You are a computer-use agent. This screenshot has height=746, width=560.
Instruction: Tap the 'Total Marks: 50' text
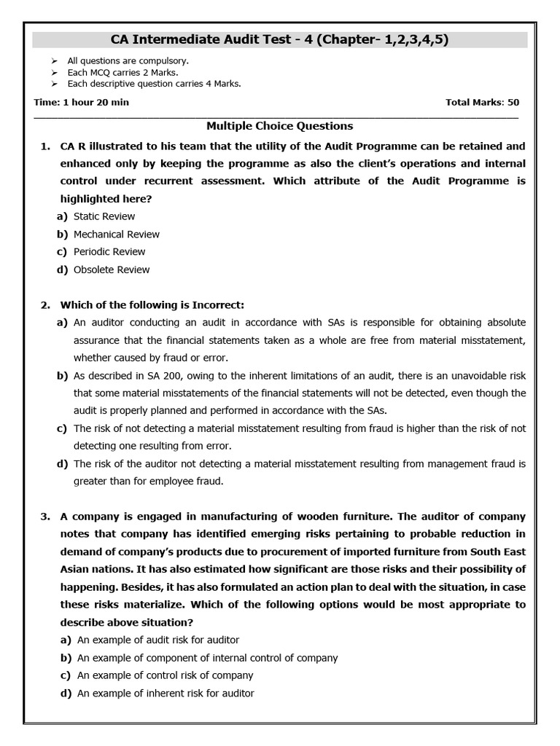(482, 102)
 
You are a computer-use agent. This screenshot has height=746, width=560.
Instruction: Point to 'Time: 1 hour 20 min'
(81, 102)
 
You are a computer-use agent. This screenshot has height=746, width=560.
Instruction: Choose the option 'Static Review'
(104, 216)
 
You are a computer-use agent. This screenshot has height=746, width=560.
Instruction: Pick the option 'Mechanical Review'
(116, 235)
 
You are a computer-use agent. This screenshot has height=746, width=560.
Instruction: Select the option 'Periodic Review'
(109, 252)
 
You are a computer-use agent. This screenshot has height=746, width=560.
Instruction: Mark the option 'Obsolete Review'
(112, 270)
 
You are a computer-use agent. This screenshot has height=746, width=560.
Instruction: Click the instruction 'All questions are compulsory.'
(128, 61)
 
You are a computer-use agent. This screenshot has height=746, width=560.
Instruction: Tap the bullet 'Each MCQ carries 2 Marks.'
(122, 73)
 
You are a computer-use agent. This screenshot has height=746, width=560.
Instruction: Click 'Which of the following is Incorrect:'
(152, 305)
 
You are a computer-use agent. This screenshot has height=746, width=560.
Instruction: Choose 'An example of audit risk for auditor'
(158, 640)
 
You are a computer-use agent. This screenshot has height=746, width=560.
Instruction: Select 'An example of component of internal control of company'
(207, 658)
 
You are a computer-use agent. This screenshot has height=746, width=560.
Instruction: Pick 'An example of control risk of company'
(166, 675)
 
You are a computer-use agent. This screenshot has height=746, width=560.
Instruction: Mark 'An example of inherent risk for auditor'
(166, 694)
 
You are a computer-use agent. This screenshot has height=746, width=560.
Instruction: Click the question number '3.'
(45, 517)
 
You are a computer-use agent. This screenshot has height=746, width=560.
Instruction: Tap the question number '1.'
(45, 146)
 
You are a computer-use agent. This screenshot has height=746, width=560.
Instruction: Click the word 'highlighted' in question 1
(90, 199)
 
